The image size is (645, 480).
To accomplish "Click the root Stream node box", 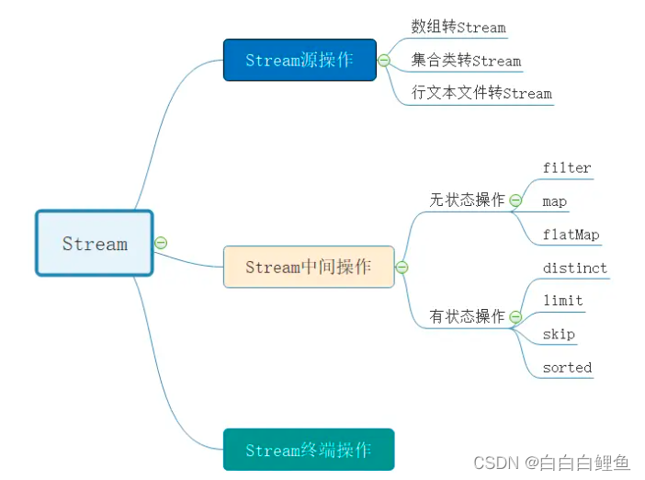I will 95,244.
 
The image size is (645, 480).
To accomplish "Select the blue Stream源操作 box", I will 300,60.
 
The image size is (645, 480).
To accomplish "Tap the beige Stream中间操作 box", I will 309,267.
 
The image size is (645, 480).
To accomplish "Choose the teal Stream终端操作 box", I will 309,451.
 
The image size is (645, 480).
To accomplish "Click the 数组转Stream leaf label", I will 458,28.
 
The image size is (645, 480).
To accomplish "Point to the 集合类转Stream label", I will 466,61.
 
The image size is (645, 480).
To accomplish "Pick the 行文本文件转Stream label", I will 481,93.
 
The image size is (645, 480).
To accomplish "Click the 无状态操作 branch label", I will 467,200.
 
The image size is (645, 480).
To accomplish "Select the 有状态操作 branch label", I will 467,316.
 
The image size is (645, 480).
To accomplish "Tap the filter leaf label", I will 567,167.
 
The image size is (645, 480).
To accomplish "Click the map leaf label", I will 554,200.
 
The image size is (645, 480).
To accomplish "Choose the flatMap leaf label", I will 571,234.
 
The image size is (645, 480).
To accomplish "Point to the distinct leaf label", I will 574,269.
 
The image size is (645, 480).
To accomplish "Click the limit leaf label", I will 562,301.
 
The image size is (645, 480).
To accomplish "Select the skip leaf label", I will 559,334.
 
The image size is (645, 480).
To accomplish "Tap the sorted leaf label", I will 567,367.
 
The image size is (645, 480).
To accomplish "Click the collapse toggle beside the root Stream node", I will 161,243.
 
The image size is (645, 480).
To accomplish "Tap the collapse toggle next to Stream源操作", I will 384,61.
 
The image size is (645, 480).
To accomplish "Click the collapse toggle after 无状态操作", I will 515,200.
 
